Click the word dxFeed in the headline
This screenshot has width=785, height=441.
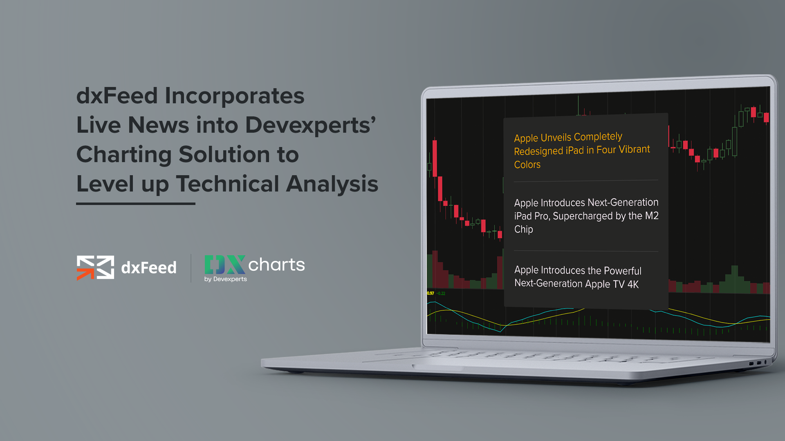pyautogui.click(x=117, y=96)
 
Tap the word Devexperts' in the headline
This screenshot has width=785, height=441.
pyautogui.click(x=311, y=125)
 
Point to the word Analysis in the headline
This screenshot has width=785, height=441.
pyautogui.click(x=332, y=184)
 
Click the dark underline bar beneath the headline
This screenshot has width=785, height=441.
pyautogui.click(x=136, y=203)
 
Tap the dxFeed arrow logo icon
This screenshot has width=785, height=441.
pyautogui.click(x=95, y=268)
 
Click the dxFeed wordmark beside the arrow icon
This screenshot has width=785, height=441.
pyautogui.click(x=149, y=268)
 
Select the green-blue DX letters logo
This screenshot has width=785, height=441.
pyautogui.click(x=225, y=265)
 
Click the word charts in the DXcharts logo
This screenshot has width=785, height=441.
pyautogui.click(x=276, y=265)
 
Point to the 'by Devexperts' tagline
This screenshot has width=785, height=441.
pyautogui.click(x=226, y=279)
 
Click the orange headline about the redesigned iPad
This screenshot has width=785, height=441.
pyautogui.click(x=582, y=150)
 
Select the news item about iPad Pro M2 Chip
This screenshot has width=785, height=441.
pyautogui.click(x=586, y=216)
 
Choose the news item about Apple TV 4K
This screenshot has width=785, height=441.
pyautogui.click(x=578, y=277)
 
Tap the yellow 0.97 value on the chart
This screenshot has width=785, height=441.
pyautogui.click(x=431, y=293)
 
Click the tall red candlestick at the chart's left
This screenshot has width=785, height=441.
pyautogui.click(x=435, y=158)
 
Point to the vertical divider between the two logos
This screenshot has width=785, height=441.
pyautogui.click(x=191, y=268)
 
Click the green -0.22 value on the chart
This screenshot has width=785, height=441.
pyautogui.click(x=441, y=293)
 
